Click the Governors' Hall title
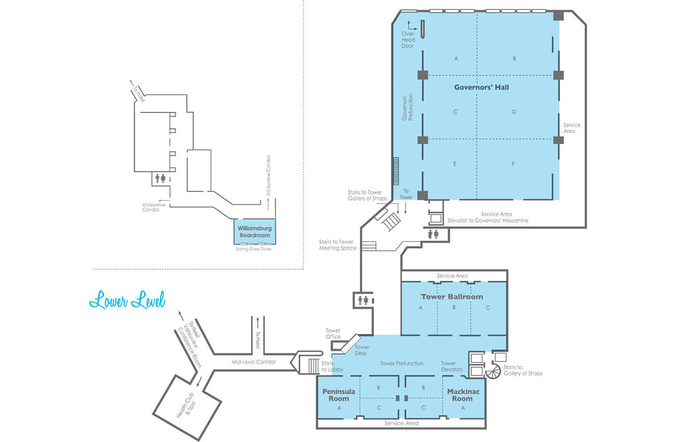point(482,87)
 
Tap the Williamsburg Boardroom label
point(254,232)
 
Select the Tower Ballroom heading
point(452,297)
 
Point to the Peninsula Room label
point(339,395)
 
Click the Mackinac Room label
point(463,395)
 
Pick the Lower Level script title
point(127,300)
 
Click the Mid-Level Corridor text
point(254,362)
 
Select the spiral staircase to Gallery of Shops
point(493,371)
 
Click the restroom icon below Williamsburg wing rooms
point(160,178)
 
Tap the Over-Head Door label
point(408,40)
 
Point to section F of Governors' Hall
point(513,164)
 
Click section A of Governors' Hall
point(456,59)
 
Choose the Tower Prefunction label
point(401,363)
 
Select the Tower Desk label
point(361,350)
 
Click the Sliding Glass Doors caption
point(254,249)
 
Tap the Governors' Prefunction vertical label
point(407,108)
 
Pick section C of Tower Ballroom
point(488,308)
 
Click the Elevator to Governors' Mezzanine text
point(488,220)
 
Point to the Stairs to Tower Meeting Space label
point(337,245)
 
